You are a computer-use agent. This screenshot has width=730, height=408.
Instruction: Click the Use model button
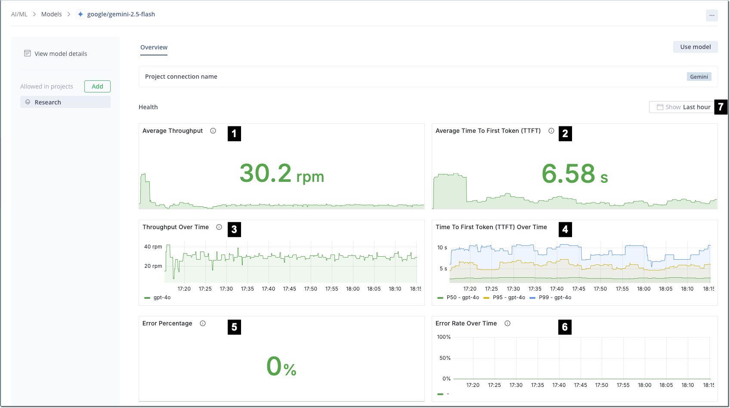pyautogui.click(x=695, y=47)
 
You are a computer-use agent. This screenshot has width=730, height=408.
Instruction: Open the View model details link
pyautogui.click(x=61, y=54)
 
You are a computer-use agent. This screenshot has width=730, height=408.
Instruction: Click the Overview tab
pyautogui.click(x=154, y=47)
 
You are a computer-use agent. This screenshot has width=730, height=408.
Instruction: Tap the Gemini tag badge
pyautogui.click(x=699, y=77)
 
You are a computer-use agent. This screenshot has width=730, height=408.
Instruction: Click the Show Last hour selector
pyautogui.click(x=683, y=107)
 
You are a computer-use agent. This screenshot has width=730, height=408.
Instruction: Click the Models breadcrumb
pyautogui.click(x=51, y=14)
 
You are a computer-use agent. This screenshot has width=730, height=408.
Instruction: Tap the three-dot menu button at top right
pyautogui.click(x=711, y=15)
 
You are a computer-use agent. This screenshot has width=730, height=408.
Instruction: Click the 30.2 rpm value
pyautogui.click(x=281, y=174)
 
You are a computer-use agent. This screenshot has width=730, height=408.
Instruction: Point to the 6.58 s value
pyautogui.click(x=575, y=174)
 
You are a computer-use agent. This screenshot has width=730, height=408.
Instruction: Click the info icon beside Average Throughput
pyautogui.click(x=213, y=131)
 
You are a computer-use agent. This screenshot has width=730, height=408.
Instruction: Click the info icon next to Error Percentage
pyautogui.click(x=203, y=323)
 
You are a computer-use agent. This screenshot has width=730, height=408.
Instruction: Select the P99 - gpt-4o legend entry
pyautogui.click(x=554, y=298)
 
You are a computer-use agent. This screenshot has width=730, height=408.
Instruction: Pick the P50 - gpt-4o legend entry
pyautogui.click(x=462, y=298)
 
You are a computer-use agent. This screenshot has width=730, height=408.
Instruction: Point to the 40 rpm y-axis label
pyautogui.click(x=153, y=247)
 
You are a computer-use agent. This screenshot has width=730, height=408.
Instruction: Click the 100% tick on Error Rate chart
pyautogui.click(x=444, y=337)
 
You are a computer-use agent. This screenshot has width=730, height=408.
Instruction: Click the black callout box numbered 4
pyautogui.click(x=565, y=230)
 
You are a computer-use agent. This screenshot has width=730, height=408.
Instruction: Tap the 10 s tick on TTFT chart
pyautogui.click(x=442, y=248)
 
